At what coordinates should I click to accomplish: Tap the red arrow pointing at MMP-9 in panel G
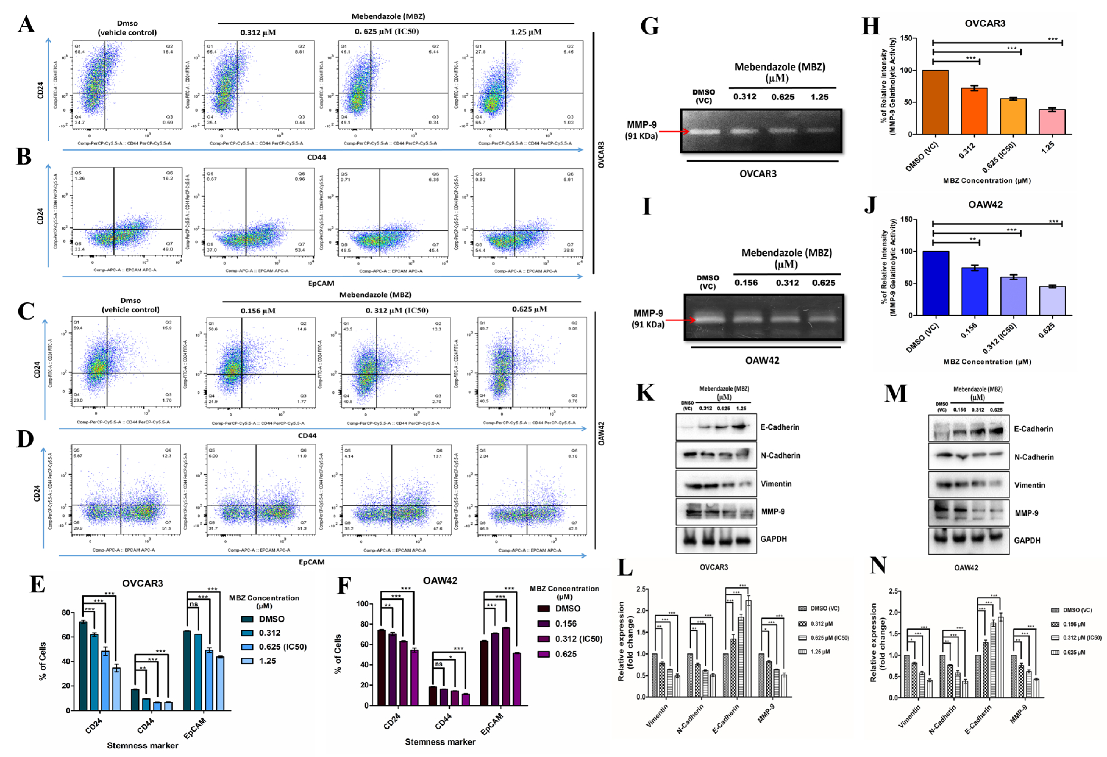coord(674,131)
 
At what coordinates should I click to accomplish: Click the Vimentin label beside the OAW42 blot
coord(1029,485)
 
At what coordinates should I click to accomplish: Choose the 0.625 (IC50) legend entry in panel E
coord(282,646)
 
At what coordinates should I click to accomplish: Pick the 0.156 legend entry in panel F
coord(566,623)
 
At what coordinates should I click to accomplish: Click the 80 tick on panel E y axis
coord(66,613)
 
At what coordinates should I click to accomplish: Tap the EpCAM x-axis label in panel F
coord(491,724)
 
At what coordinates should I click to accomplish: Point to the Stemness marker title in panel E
coord(142,745)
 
